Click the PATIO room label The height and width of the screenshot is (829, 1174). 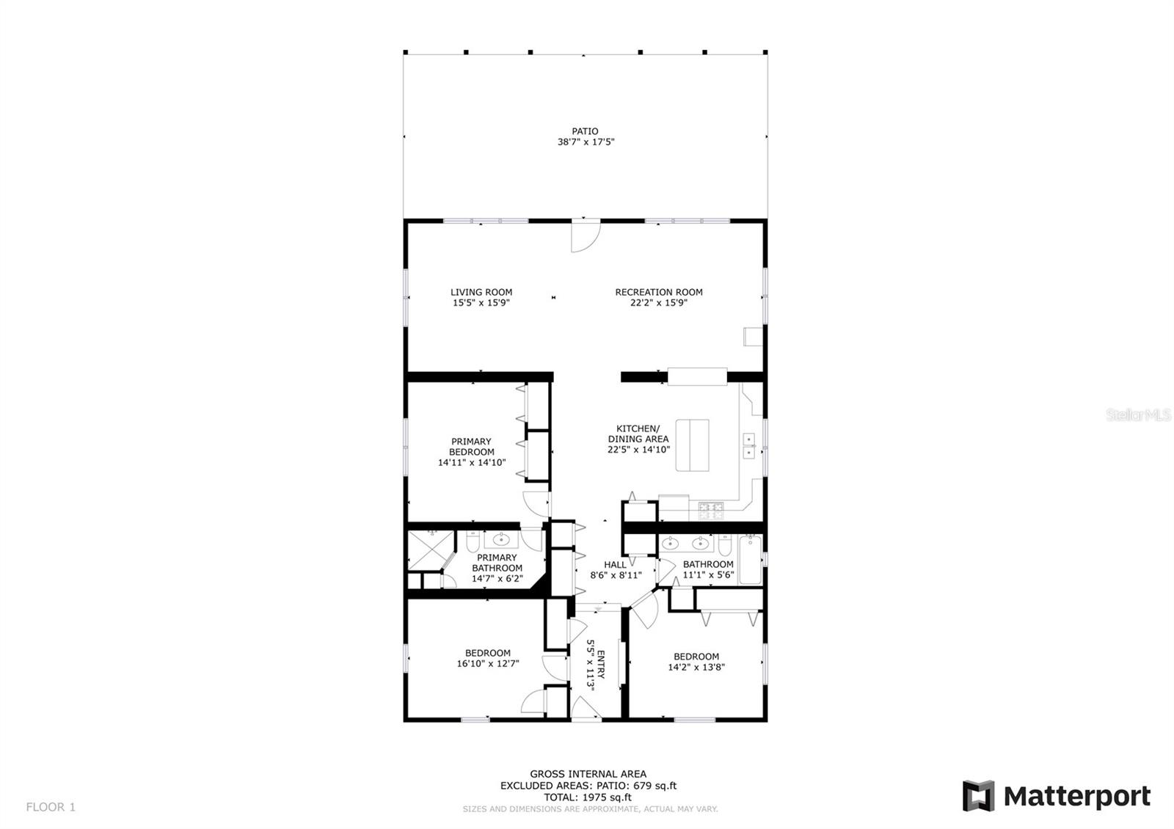point(585,131)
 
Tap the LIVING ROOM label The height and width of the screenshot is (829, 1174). point(481,293)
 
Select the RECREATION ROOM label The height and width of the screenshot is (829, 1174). point(659,293)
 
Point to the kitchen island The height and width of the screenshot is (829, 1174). point(692,445)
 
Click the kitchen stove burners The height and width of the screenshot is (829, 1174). point(711,511)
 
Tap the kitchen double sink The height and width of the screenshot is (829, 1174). point(749,446)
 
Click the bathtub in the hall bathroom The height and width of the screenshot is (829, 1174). point(750,559)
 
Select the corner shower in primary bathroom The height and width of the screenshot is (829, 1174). point(431,550)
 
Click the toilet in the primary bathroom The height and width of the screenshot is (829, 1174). point(473,541)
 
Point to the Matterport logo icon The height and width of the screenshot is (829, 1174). point(978,795)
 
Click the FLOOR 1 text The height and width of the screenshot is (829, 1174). point(51,807)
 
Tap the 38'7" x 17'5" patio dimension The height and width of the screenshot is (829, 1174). point(586,142)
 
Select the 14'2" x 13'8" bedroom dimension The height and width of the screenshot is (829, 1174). point(696,667)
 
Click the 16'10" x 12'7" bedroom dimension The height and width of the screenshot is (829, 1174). point(488,663)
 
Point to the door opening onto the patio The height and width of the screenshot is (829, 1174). point(586,236)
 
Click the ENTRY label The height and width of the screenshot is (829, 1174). point(601,665)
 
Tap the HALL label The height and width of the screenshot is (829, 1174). point(616,565)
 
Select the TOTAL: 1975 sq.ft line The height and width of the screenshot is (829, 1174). point(588,797)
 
